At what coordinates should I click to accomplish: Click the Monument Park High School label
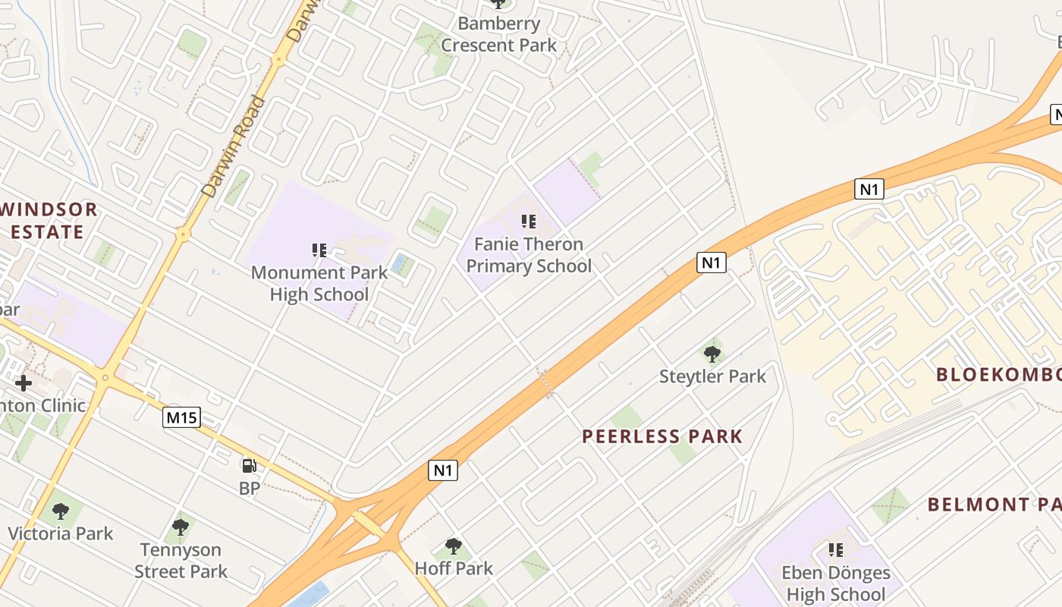[x=319, y=284]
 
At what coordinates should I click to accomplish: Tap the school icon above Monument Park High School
[x=319, y=250]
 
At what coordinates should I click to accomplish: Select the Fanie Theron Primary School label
[x=529, y=255]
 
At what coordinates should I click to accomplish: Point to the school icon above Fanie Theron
[x=529, y=222]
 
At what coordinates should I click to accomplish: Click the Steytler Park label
[x=712, y=376]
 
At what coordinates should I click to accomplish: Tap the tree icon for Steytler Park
[x=712, y=353]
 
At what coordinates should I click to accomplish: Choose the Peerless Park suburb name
[x=662, y=436]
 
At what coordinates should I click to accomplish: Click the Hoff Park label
[x=454, y=568]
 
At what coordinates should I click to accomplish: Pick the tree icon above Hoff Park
[x=454, y=546]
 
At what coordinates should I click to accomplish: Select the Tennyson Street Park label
[x=181, y=561]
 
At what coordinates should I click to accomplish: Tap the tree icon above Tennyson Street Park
[x=181, y=527]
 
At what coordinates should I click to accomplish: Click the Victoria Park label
[x=61, y=533]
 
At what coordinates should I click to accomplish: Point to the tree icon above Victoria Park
[x=61, y=511]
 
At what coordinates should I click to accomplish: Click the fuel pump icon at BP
[x=249, y=465]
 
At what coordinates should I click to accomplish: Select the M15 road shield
[x=181, y=417]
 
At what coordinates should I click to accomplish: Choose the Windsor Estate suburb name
[x=50, y=221]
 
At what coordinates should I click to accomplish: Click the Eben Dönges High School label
[x=836, y=583]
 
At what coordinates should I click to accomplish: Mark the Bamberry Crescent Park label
[x=499, y=34]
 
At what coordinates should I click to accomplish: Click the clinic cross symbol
[x=24, y=382]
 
